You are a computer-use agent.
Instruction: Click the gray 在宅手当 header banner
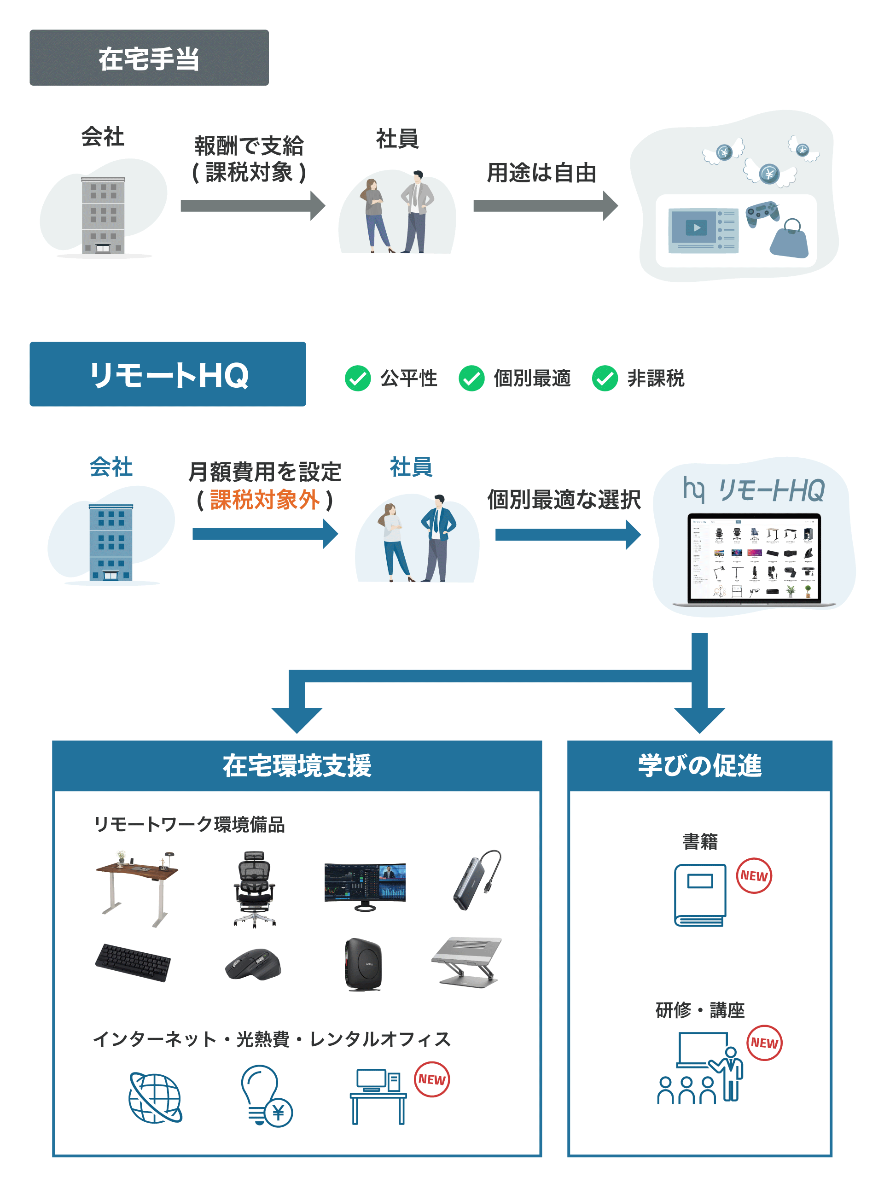(149, 58)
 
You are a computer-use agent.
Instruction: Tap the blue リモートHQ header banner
(168, 374)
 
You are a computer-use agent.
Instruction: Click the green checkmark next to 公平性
(357, 379)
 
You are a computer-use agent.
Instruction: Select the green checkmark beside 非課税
(605, 379)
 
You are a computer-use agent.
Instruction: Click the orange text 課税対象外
(265, 500)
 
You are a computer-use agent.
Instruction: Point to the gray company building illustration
(103, 215)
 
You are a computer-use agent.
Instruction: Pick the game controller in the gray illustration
(762, 213)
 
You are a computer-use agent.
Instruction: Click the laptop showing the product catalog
(753, 559)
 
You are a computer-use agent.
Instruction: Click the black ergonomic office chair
(255, 888)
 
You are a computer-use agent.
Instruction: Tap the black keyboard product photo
(133, 962)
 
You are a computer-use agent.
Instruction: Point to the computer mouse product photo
(253, 964)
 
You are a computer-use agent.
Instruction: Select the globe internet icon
(155, 1097)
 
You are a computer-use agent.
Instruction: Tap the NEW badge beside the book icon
(753, 875)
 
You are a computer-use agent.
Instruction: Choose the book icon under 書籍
(700, 894)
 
